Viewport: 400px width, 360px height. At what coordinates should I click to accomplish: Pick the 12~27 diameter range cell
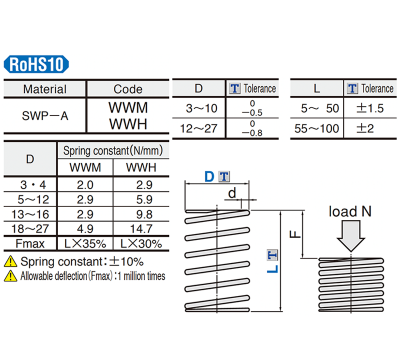(200, 129)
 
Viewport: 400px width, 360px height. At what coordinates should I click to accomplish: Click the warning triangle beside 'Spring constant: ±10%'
(11, 261)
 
